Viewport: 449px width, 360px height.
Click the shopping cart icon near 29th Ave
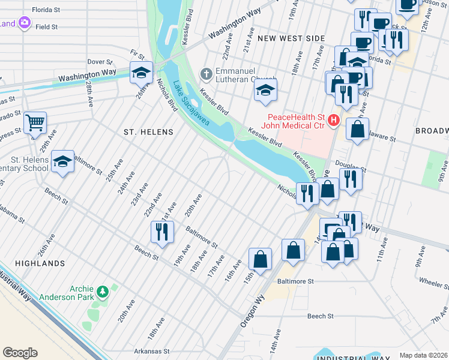click(35, 122)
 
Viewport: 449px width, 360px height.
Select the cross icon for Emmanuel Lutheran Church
click(206, 75)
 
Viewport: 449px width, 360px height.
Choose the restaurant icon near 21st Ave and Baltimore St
click(162, 232)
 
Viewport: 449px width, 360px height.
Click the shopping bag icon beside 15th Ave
click(260, 259)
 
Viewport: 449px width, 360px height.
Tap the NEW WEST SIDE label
click(291, 38)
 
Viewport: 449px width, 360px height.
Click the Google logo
click(20, 353)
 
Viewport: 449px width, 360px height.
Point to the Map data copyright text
click(423, 355)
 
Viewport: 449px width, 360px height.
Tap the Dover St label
click(100, 62)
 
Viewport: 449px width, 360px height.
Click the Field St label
click(46, 27)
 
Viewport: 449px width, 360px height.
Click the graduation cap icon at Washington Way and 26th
click(140, 73)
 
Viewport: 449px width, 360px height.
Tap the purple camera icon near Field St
click(25, 23)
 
